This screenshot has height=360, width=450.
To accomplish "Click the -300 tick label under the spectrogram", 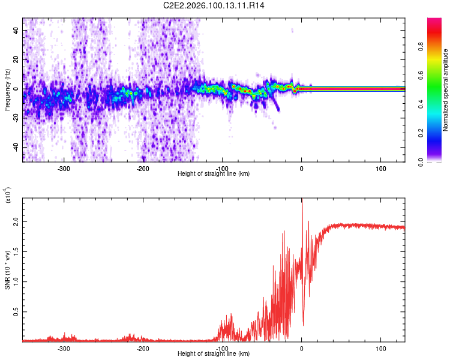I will pyautogui.click(x=64, y=169).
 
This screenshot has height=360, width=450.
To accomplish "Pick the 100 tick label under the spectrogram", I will pyautogui.click(x=380, y=169).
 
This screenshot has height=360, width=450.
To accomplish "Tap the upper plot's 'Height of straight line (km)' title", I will pyautogui.click(x=214, y=174).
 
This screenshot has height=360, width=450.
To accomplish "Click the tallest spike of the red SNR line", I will pyautogui.click(x=302, y=200).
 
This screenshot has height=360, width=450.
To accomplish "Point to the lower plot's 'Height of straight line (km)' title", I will pyautogui.click(x=214, y=354).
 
